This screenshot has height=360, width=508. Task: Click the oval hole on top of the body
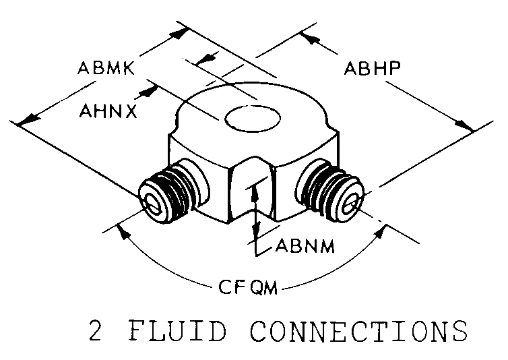(x=253, y=119)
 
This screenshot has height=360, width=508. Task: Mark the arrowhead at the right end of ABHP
(x=464, y=125)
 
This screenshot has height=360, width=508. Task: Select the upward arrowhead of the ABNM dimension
(x=255, y=193)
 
